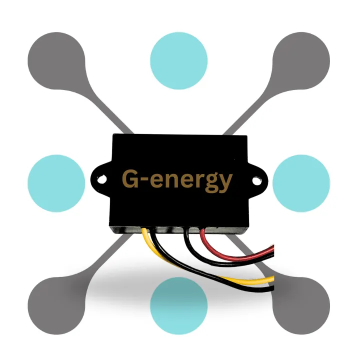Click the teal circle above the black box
(178, 54)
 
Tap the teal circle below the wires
(178, 305)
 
